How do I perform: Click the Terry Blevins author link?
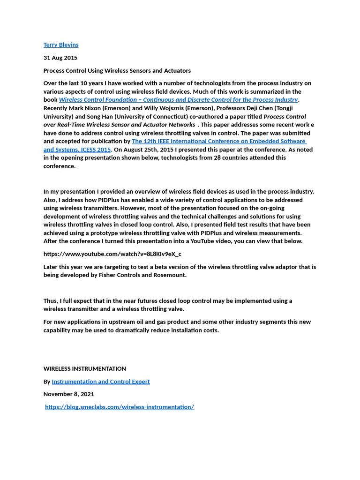tap(61, 45)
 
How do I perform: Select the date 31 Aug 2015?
tap(60, 58)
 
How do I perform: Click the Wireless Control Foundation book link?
tap(178, 100)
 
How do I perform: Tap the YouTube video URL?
tap(112, 254)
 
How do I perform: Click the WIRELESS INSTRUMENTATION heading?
tap(85, 368)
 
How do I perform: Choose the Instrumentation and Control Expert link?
tap(101, 382)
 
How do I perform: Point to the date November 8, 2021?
tap(69, 394)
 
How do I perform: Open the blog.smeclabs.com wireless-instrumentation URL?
tap(120, 407)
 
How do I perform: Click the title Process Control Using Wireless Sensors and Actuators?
tap(117, 71)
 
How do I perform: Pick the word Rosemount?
tap(171, 275)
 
